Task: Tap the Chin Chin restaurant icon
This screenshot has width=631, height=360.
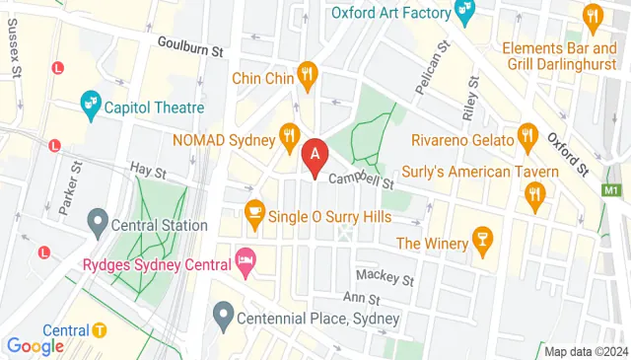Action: [x=308, y=75]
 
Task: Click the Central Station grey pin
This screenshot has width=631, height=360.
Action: [x=98, y=221]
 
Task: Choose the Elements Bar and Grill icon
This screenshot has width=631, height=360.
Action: [x=592, y=16]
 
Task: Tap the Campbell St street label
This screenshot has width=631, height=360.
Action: [x=361, y=180]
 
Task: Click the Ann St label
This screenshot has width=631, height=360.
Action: [x=362, y=298]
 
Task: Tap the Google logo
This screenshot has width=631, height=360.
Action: [x=35, y=345]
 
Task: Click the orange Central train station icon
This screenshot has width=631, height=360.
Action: [x=101, y=330]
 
